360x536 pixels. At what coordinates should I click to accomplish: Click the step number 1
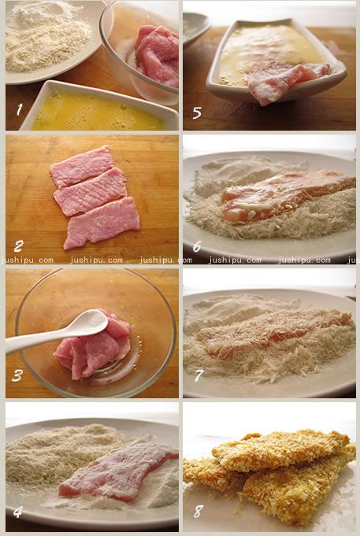20,109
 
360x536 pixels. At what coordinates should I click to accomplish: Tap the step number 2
18,246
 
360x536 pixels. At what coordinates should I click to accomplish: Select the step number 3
17,376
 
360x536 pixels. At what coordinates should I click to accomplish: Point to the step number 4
18,512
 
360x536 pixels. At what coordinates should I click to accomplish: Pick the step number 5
197,113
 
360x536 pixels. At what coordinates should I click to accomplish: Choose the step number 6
197,246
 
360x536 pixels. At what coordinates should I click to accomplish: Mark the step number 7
199,375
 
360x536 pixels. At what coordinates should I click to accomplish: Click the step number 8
199,512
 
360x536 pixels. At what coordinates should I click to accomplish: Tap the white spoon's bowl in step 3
90,320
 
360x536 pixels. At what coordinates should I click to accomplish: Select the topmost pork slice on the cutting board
82,167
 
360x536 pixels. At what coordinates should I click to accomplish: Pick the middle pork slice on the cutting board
91,192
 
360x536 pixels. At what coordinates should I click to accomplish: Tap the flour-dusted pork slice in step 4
118,471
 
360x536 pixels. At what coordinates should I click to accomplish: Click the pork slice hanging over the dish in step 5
288,82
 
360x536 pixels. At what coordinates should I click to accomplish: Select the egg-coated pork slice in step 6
288,197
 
